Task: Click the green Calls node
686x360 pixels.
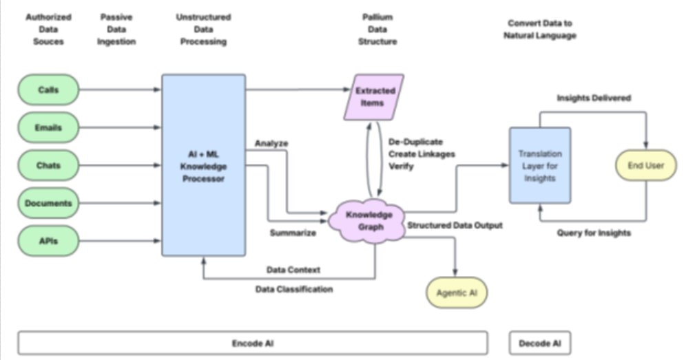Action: click(48, 89)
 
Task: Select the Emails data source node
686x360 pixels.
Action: click(48, 127)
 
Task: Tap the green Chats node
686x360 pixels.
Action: click(48, 165)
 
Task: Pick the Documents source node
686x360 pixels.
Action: click(48, 203)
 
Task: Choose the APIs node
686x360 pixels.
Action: click(48, 241)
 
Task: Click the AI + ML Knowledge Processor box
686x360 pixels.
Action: click(203, 165)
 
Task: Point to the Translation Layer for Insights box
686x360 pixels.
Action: click(540, 165)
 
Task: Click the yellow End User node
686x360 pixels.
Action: click(645, 165)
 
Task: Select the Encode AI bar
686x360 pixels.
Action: click(252, 342)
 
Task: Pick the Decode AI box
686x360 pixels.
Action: click(540, 342)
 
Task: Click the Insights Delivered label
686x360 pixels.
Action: click(593, 98)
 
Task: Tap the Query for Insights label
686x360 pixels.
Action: click(593, 233)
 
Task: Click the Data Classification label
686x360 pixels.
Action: click(293, 288)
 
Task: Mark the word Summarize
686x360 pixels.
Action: click(293, 233)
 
